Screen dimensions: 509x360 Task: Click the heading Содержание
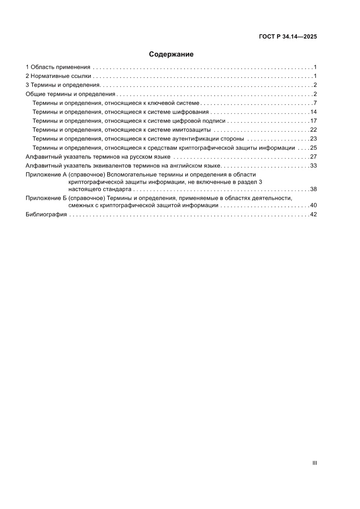click(x=171, y=54)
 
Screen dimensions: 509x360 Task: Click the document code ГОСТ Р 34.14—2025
click(x=288, y=37)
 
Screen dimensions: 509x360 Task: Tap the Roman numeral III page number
click(x=314, y=463)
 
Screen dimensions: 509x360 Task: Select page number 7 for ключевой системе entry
click(x=315, y=103)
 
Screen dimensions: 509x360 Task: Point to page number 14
click(x=313, y=112)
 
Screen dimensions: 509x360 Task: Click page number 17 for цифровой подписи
click(x=313, y=121)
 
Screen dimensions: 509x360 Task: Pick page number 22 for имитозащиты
click(x=313, y=130)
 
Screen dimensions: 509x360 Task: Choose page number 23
click(x=313, y=138)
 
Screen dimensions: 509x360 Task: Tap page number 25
click(x=313, y=148)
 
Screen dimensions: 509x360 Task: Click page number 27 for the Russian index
click(x=313, y=156)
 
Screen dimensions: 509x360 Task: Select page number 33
click(x=313, y=165)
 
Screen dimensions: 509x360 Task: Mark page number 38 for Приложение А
click(x=313, y=189)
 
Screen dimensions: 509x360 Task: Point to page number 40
click(x=313, y=205)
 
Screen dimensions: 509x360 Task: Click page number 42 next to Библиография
click(x=313, y=214)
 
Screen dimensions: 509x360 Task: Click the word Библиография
click(x=46, y=214)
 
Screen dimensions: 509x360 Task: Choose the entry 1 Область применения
click(x=58, y=67)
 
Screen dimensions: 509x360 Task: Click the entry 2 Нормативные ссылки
click(x=58, y=76)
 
